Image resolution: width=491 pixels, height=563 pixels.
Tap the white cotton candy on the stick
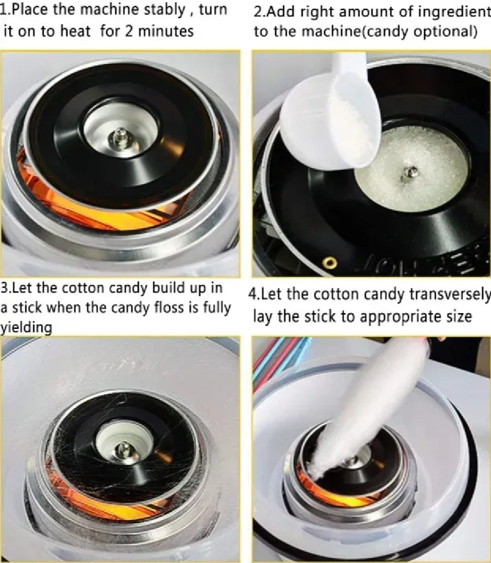tap(363, 400)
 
